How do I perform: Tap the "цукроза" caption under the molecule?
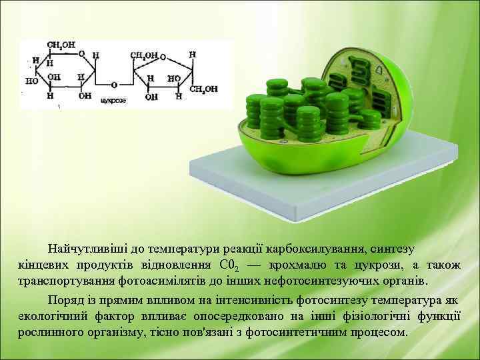(x=112, y=100)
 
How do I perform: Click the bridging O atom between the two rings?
(x=115, y=85)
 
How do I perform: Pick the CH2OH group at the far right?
(x=203, y=88)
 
